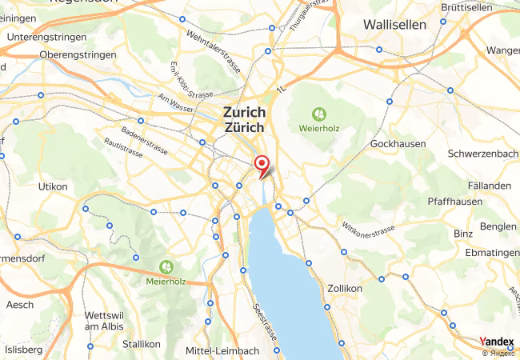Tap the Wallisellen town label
pos(394,25)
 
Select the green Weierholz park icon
pos(319,114)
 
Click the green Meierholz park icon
pos(166,266)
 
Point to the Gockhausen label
pos(398,144)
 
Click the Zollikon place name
pos(346,288)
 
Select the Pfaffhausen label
pos(455,202)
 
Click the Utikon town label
pos(54,186)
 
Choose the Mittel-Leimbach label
pos(222,350)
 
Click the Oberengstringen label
pos(78,54)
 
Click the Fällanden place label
pos(491,186)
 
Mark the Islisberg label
pos(24,350)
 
